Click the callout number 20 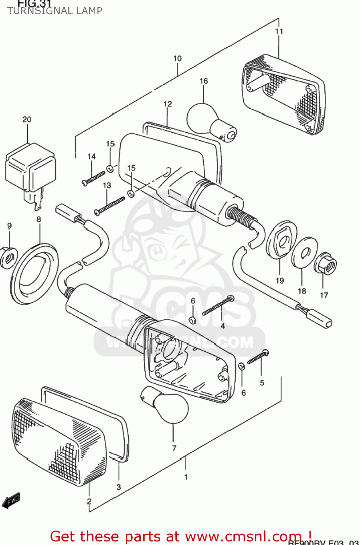(x=27, y=120)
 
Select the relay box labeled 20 (x=31, y=167)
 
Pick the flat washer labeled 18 (x=304, y=252)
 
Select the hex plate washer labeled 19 (x=281, y=239)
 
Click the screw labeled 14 (x=93, y=178)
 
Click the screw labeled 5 (x=258, y=357)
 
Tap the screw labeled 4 (x=218, y=306)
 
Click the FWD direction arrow (x=11, y=501)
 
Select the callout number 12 (x=168, y=104)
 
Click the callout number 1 (x=186, y=477)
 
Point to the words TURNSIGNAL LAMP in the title (x=55, y=11)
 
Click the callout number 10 (x=177, y=58)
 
